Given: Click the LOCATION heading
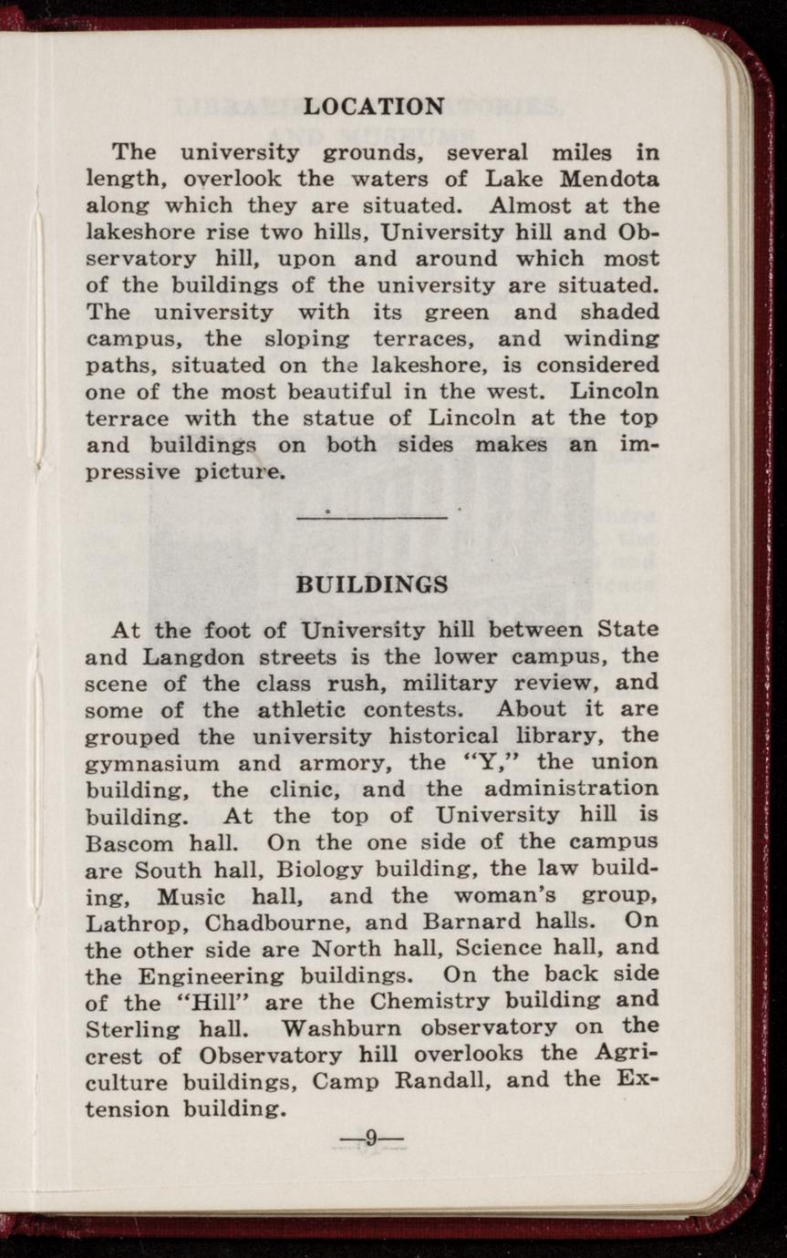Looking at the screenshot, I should (x=374, y=107).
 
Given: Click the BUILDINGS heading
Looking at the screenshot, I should (x=373, y=584).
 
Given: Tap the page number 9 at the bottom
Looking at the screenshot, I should (x=371, y=1137).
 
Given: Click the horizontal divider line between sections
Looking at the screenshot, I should (x=372, y=518).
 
